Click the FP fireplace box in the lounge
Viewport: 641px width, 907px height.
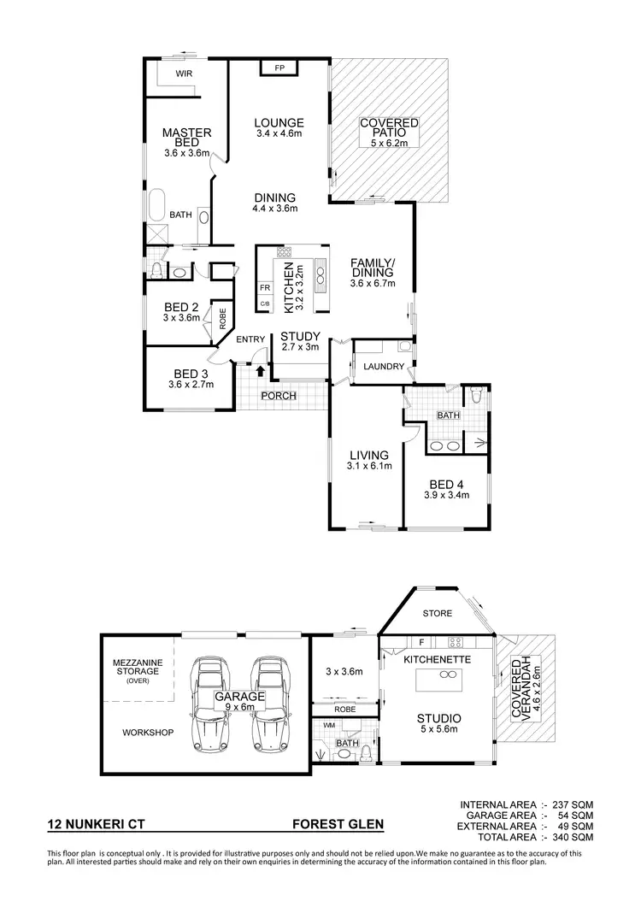[279, 68]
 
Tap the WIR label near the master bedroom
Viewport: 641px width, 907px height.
[184, 74]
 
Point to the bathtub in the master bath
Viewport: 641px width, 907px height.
[156, 208]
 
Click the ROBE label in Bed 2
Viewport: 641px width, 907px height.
[222, 319]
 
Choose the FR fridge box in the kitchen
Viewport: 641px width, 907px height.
[265, 288]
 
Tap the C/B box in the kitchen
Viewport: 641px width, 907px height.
[265, 304]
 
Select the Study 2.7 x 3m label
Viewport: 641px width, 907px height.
[300, 341]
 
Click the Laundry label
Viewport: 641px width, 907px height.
[383, 367]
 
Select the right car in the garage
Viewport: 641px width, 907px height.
[272, 702]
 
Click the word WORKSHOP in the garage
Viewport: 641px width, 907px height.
[148, 733]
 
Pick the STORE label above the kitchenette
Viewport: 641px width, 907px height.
[437, 614]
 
